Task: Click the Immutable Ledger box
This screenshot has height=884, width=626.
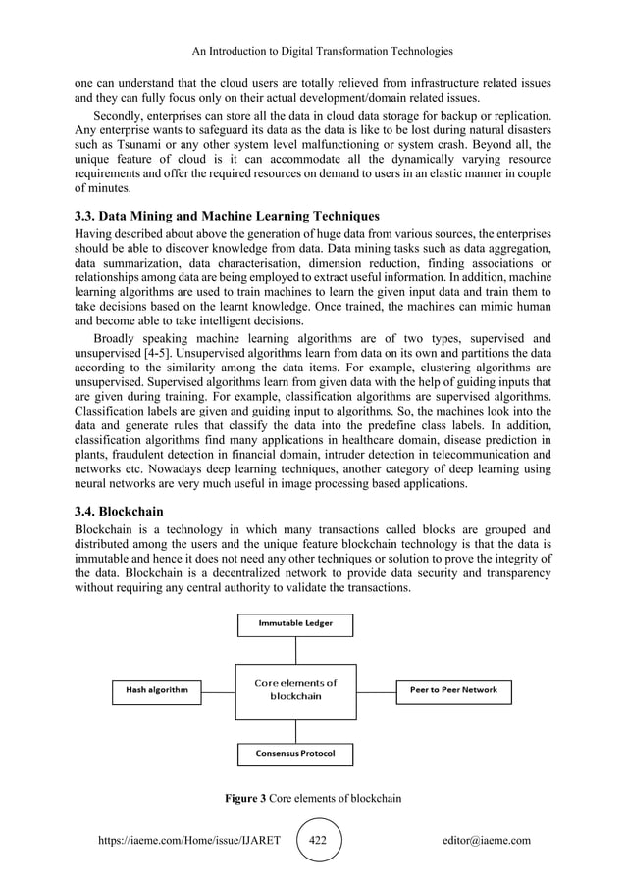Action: point(295,623)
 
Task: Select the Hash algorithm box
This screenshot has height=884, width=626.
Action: point(158,690)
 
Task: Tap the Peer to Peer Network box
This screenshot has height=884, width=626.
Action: point(452,690)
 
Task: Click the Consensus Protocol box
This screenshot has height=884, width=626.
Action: point(295,754)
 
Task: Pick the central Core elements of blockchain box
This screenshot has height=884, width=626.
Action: point(295,690)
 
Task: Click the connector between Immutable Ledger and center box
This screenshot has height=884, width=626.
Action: point(295,650)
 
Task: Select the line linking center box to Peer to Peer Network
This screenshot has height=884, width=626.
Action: point(376,690)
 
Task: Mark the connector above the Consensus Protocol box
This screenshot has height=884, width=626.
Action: point(295,731)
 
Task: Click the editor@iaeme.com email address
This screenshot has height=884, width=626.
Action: point(487,840)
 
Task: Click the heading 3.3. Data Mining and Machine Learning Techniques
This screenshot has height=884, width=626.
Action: point(227,215)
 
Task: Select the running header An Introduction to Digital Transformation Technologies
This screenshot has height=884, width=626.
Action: point(313,50)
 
